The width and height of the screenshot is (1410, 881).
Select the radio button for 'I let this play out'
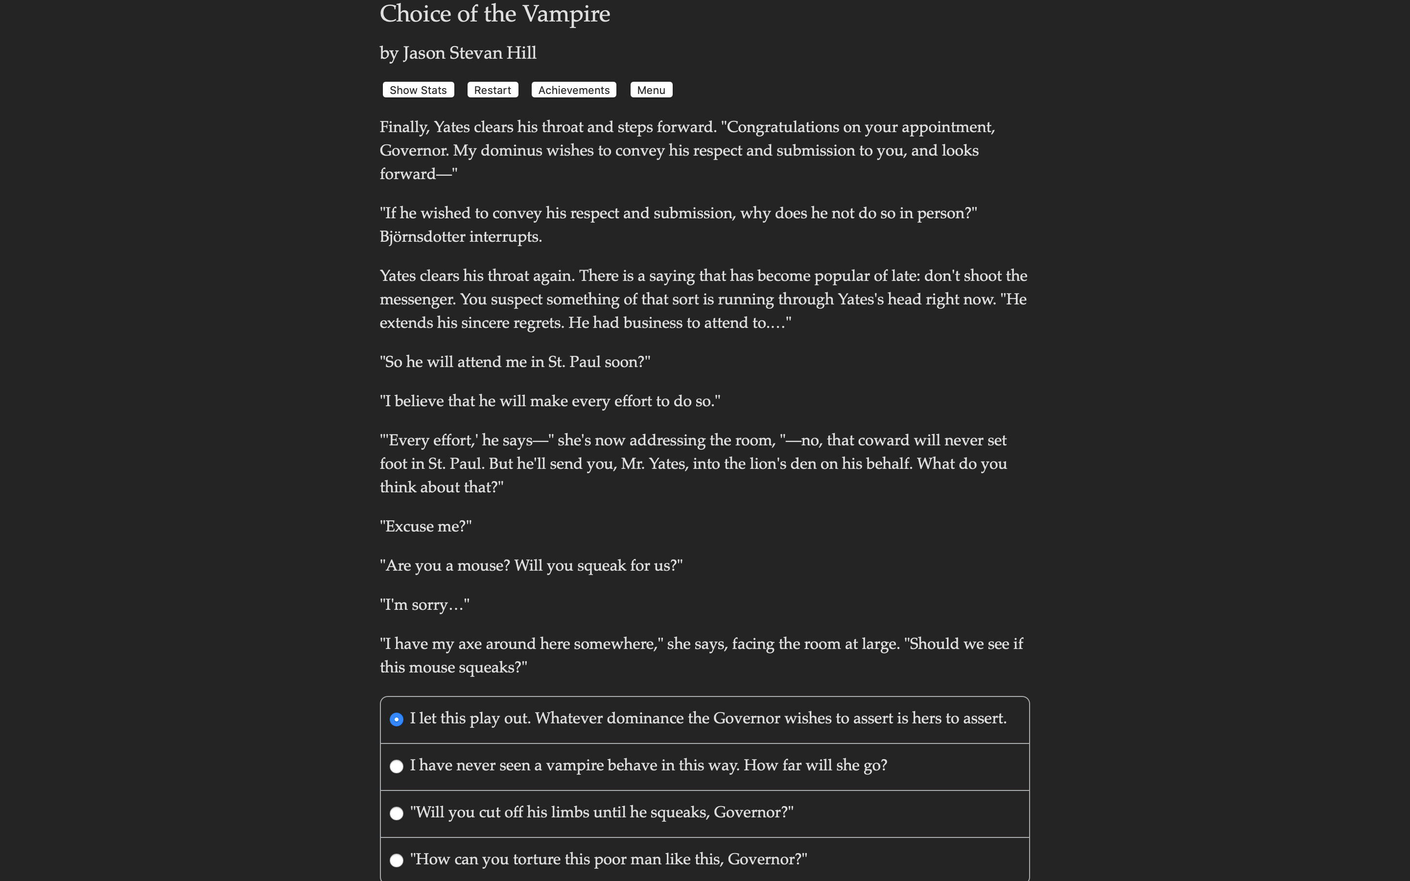[396, 719]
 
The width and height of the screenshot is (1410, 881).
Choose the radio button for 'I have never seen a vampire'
[396, 766]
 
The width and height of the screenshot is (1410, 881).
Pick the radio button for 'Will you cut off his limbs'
[396, 813]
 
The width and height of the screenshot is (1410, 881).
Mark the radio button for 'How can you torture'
[396, 860]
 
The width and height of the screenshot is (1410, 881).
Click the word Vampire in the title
[566, 14]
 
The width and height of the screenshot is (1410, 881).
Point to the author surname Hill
[521, 53]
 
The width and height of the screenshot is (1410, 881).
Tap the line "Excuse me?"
[425, 527]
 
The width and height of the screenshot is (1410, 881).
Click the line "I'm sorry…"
[424, 605]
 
